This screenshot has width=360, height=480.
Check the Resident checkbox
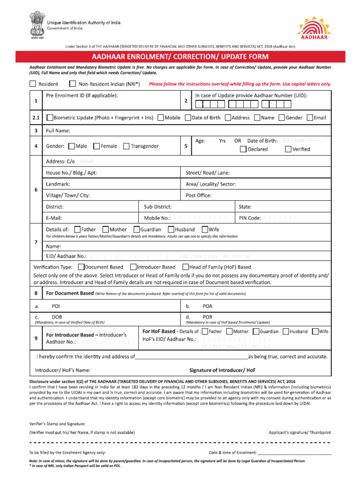click(x=32, y=84)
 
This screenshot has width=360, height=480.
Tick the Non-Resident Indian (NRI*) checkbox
click(x=72, y=84)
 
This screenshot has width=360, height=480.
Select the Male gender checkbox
click(x=72, y=146)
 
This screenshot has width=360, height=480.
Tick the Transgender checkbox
click(x=126, y=146)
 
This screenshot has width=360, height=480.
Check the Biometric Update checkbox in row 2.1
click(x=50, y=118)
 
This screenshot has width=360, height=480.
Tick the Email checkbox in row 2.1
click(x=309, y=118)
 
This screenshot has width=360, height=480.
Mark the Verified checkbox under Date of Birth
click(x=288, y=150)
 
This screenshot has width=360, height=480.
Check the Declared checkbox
click(x=243, y=150)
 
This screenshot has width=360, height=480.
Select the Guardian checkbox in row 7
click(x=136, y=230)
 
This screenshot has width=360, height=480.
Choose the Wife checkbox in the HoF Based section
click(x=315, y=331)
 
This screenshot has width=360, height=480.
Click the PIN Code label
click(x=250, y=218)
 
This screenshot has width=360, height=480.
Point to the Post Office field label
click(x=198, y=195)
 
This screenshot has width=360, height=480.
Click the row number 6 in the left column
click(x=36, y=189)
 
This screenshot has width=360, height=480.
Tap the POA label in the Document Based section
click(x=208, y=306)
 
